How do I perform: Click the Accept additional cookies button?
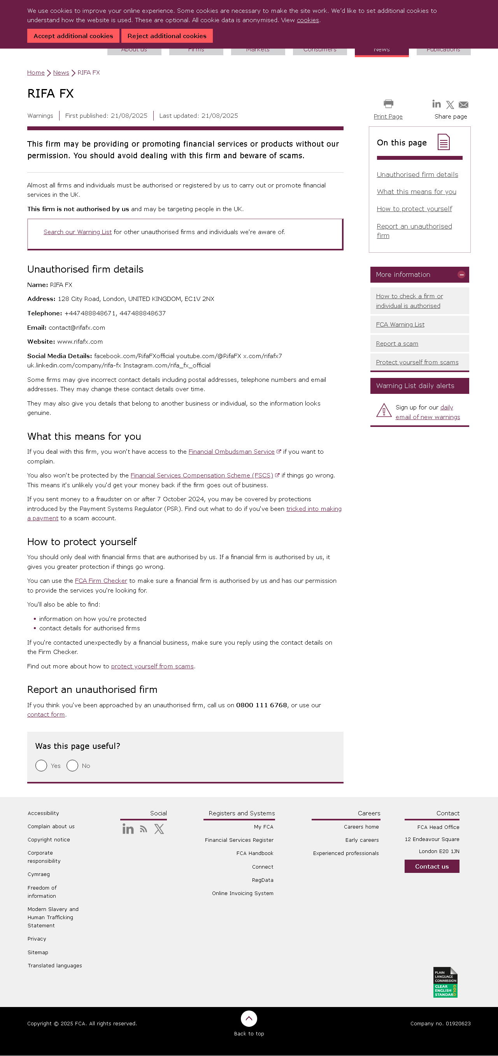pos(73,36)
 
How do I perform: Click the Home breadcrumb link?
pos(36,73)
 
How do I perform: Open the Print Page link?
pos(388,116)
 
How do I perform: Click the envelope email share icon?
pos(463,105)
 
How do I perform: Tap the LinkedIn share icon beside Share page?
pos(436,104)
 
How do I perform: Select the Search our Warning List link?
pos(77,232)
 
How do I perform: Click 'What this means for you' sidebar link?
pos(416,192)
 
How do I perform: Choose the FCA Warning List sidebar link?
pos(400,325)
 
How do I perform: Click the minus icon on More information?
pos(461,274)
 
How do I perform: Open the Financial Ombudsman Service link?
pos(231,452)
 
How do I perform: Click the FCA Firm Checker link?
pos(101,581)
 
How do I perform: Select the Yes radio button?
pos(41,766)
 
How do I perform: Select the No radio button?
pos(72,766)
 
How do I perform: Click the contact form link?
pos(46,715)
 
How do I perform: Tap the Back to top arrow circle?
pos(249,1019)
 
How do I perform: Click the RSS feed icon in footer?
pos(143,829)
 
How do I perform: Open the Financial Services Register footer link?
pos(239,840)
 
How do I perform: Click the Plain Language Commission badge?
pos(445,982)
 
